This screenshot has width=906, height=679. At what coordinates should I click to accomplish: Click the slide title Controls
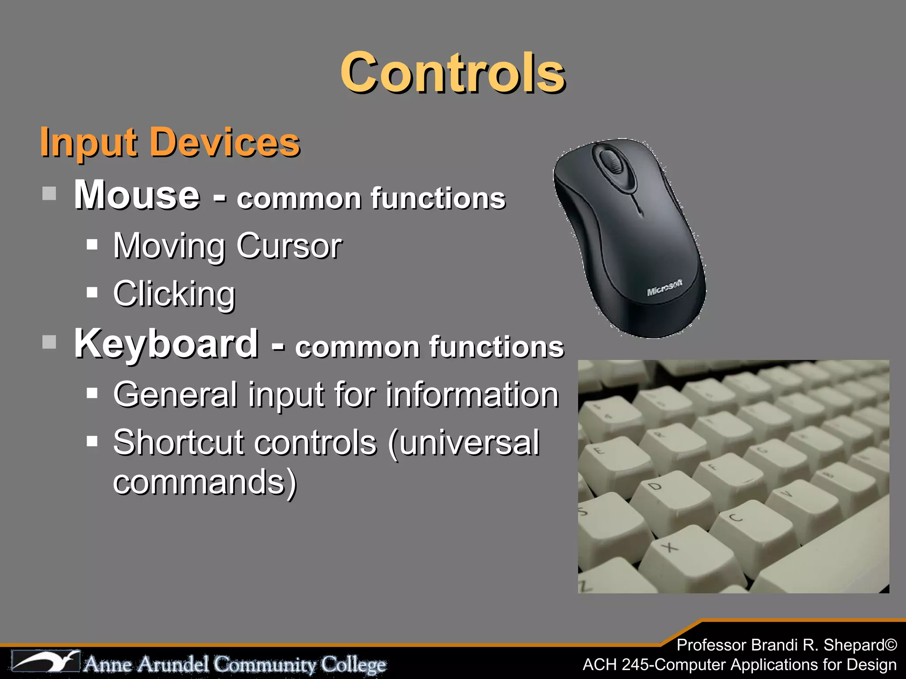(453, 73)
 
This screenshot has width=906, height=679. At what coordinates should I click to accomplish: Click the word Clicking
(174, 294)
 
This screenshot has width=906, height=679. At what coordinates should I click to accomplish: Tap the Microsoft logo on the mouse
(664, 287)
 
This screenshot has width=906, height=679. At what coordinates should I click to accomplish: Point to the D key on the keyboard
(655, 487)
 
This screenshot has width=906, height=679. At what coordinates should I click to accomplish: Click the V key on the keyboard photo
(786, 493)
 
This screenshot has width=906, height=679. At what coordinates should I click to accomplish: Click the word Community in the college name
(265, 664)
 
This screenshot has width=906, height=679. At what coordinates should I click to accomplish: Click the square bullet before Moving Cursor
(92, 244)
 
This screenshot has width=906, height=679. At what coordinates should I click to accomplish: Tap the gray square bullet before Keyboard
(49, 342)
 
